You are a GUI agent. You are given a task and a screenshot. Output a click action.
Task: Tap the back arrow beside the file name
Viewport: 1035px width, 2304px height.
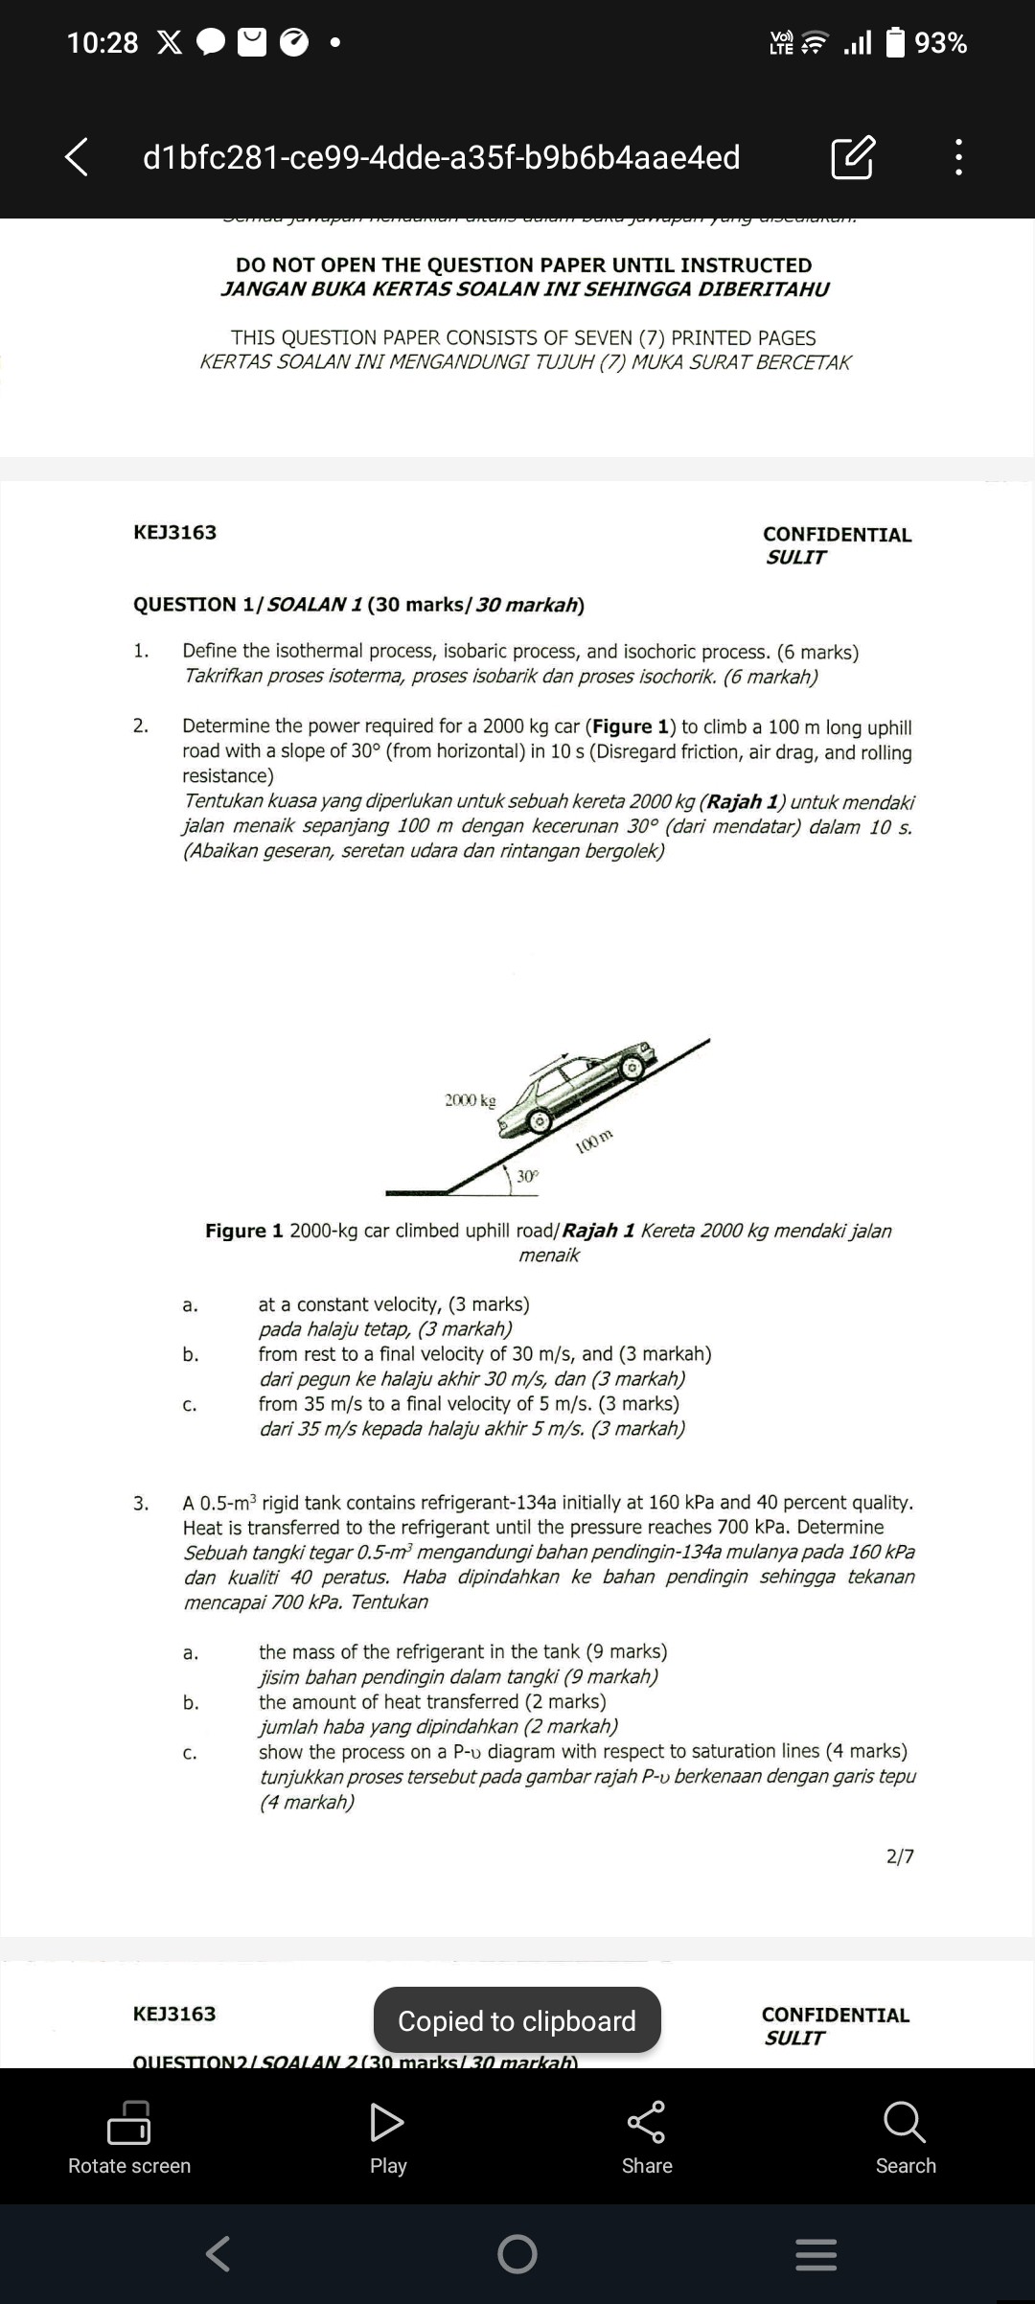click(x=77, y=157)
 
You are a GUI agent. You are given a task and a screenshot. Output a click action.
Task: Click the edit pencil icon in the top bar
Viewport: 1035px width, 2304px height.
click(x=852, y=157)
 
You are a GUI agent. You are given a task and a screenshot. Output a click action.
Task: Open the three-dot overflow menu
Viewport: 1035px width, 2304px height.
click(x=958, y=157)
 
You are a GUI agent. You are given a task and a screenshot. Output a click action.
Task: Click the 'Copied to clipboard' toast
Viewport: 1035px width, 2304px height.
click(x=517, y=2020)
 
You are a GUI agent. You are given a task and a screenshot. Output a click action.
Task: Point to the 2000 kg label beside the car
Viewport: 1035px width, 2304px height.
click(x=470, y=1100)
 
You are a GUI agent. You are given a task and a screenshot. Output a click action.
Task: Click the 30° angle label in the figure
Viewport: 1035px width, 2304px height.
click(x=528, y=1176)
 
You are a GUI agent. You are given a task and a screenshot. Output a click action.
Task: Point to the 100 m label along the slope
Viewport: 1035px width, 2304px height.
click(x=594, y=1141)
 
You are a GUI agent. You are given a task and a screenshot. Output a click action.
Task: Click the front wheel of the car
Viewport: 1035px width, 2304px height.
click(x=631, y=1067)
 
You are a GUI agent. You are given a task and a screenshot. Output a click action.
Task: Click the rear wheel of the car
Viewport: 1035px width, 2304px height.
click(x=540, y=1119)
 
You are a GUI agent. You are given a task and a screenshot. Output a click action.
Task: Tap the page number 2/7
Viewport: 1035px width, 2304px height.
click(x=900, y=1856)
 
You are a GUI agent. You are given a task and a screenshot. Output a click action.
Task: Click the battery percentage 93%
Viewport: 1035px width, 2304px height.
click(x=940, y=43)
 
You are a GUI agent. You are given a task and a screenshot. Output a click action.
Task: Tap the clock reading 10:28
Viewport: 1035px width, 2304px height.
click(x=103, y=43)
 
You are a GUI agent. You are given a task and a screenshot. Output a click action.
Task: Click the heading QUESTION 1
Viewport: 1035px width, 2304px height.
click(x=196, y=605)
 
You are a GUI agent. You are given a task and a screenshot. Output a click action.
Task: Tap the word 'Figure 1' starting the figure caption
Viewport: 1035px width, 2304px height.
click(x=244, y=1231)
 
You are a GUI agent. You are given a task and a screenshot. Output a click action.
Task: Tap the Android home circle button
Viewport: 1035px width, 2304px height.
click(x=517, y=2254)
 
